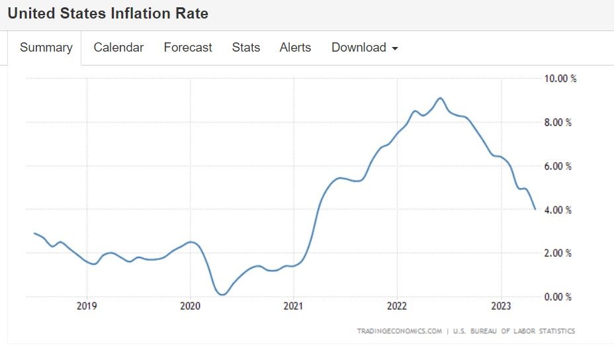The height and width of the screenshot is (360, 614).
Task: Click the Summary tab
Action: [x=46, y=48]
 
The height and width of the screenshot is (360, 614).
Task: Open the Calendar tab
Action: [x=118, y=48]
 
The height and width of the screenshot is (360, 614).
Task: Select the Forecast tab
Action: [x=188, y=48]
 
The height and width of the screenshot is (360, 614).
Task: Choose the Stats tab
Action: [x=246, y=48]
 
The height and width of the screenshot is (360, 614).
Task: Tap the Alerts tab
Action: [x=295, y=48]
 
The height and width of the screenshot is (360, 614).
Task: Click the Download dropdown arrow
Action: [x=395, y=48]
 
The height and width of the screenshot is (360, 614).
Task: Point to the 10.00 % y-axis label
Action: [x=560, y=79]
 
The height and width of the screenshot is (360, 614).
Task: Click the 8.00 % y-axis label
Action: [x=558, y=122]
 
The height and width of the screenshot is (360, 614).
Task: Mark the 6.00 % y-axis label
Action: [x=558, y=166]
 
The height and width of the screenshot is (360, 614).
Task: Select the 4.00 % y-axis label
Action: [x=558, y=210]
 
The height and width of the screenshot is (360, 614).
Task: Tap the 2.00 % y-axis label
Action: [x=558, y=253]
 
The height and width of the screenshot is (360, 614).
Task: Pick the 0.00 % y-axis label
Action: [x=558, y=297]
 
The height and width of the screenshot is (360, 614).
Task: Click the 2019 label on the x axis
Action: [x=87, y=307]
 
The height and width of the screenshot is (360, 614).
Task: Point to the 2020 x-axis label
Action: [x=190, y=307]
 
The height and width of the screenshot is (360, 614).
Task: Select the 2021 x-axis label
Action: [x=293, y=307]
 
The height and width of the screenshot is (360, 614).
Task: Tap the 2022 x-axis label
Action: [x=397, y=307]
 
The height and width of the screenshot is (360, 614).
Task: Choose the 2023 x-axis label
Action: [x=501, y=307]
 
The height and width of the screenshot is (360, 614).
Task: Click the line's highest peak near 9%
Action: [x=440, y=98]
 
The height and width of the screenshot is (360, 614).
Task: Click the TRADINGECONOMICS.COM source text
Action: [x=399, y=331]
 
